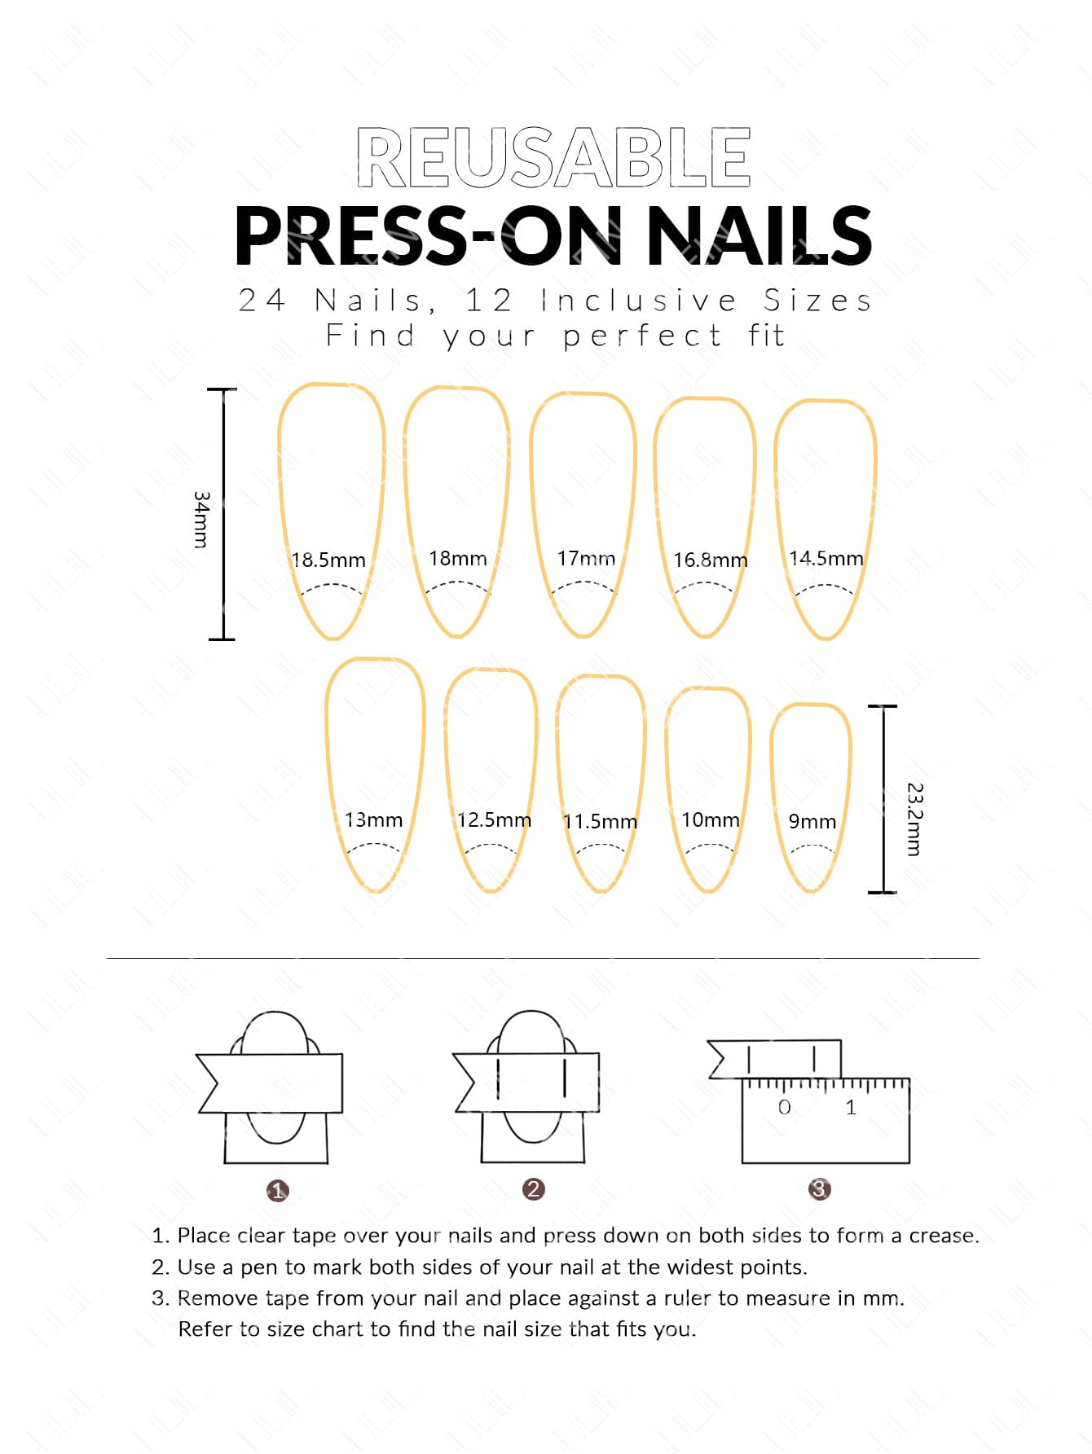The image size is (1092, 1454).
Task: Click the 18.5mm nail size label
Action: coord(328,560)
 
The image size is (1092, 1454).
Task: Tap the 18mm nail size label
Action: coord(458,559)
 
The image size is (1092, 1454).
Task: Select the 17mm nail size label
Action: coord(586,559)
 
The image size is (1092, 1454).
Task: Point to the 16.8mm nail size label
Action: coord(710,560)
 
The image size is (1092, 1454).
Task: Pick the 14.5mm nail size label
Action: coord(826,559)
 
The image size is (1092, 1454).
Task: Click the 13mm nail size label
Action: coord(373,820)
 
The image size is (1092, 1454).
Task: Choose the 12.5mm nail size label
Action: coord(494,820)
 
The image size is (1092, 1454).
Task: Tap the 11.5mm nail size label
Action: coord(600,822)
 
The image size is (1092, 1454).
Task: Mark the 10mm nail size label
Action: coord(711,820)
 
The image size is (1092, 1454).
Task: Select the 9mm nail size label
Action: coord(812,822)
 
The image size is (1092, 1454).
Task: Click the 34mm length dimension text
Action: coord(201,520)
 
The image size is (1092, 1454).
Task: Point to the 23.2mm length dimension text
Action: coord(915,819)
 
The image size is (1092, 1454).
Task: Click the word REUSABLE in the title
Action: coord(553,157)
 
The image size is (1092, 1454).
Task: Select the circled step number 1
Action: coord(277,1191)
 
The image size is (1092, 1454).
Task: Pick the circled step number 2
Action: coord(534,1189)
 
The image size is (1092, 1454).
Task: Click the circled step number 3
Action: coord(819,1189)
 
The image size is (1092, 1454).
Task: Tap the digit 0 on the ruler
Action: coord(784,1108)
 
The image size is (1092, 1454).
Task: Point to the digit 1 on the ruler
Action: coord(851,1108)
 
